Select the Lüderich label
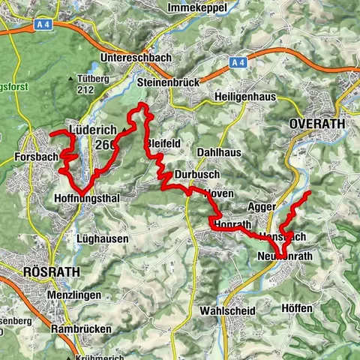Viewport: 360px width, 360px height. point(92,129)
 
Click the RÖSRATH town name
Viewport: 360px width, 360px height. point(31,271)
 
